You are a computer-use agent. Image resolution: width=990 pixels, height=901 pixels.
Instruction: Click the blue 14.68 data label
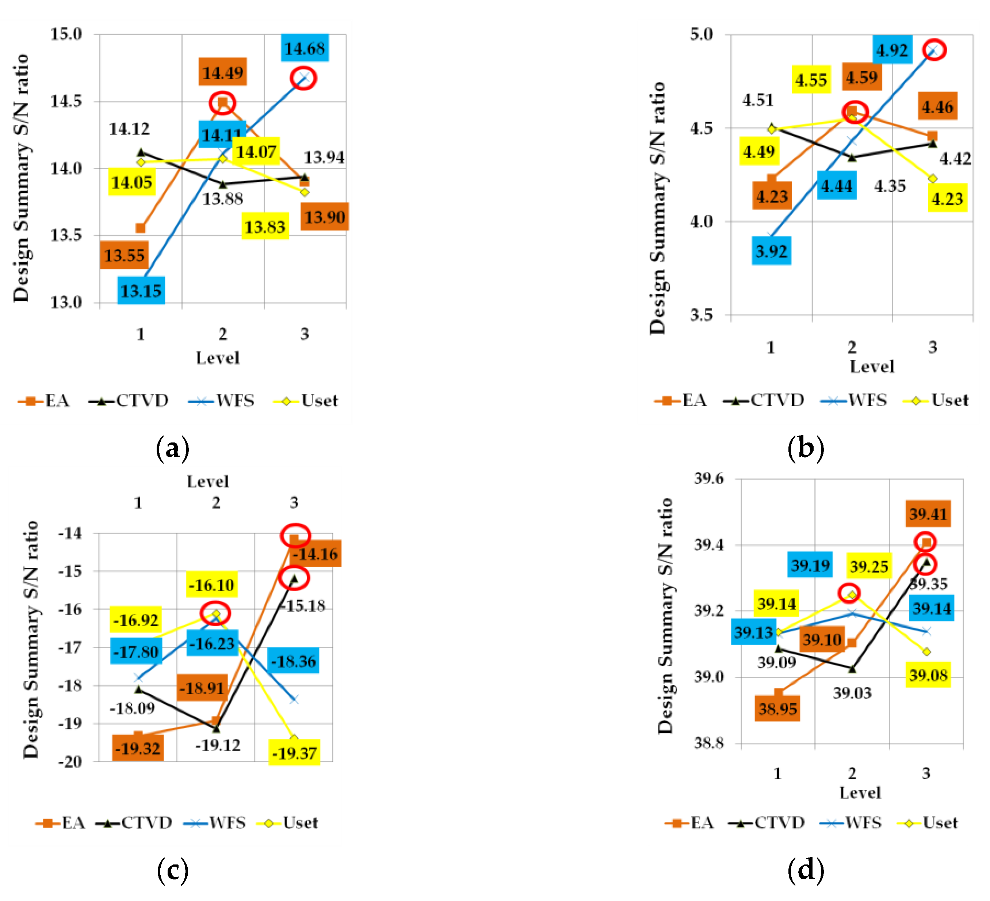305,48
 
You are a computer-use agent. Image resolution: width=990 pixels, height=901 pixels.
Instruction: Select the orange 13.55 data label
124,255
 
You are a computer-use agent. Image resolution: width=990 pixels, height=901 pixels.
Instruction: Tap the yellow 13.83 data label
265,227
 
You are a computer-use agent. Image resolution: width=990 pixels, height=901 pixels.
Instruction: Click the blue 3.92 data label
771,251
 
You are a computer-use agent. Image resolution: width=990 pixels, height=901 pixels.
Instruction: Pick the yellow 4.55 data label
811,79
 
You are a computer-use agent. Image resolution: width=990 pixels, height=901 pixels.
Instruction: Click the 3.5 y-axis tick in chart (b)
701,315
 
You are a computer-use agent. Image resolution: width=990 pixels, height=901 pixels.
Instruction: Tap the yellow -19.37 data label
294,753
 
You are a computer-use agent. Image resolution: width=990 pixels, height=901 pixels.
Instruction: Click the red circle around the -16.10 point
215,613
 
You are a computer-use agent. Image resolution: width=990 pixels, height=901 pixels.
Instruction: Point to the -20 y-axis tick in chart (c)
70,761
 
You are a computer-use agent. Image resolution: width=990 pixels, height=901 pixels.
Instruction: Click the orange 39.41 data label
928,514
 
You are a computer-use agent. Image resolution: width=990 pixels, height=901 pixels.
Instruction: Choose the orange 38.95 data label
777,708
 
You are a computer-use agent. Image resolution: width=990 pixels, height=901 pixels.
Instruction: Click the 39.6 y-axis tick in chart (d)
708,478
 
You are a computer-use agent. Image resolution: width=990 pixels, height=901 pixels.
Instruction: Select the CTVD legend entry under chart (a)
129,401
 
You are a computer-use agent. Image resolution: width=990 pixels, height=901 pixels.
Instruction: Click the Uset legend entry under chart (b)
936,400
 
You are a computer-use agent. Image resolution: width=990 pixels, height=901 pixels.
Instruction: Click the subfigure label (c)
172,871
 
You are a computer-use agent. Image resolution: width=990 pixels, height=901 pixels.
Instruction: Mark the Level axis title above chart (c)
208,481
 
